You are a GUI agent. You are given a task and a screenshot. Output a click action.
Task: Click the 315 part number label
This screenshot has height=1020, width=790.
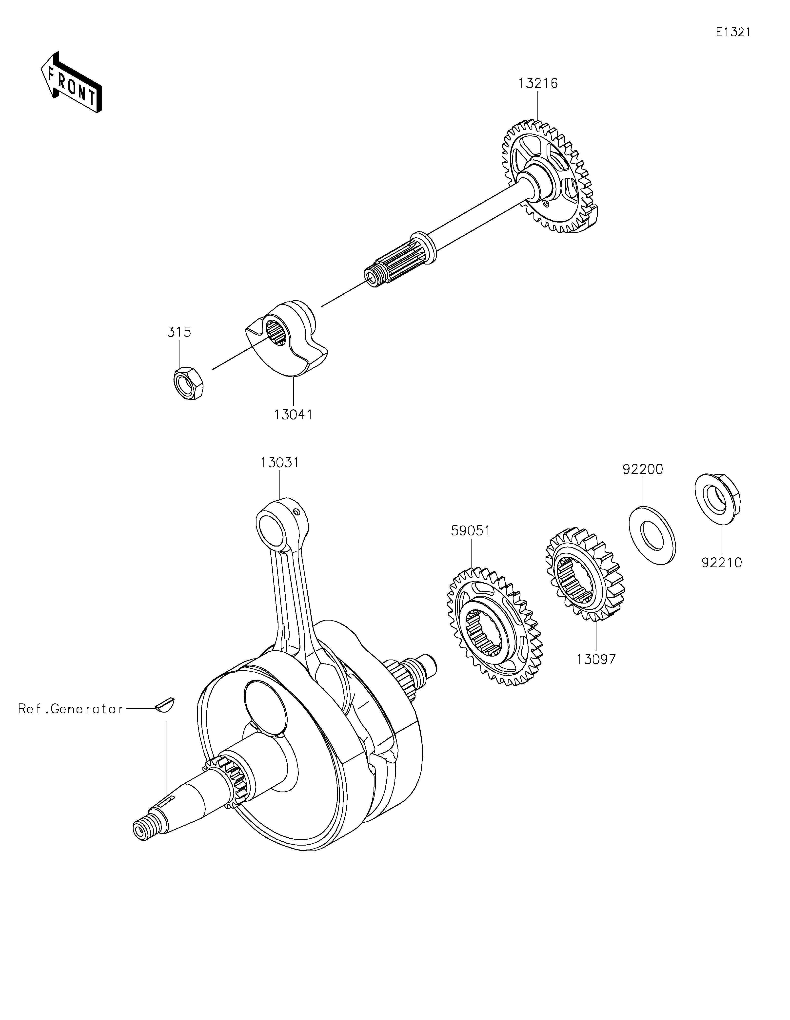click(179, 332)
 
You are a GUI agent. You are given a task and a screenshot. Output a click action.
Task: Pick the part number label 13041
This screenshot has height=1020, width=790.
click(293, 414)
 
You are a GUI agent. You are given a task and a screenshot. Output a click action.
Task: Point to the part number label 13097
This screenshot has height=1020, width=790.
click(596, 659)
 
